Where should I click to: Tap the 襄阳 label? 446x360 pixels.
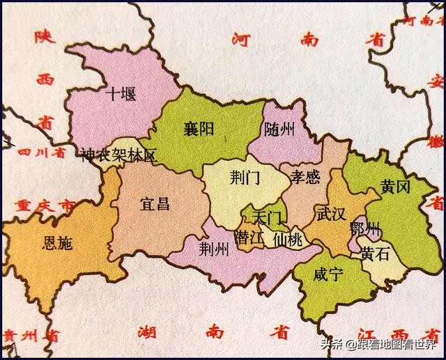(198, 130)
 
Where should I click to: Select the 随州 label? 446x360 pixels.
(280, 129)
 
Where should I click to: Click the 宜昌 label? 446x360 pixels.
(155, 203)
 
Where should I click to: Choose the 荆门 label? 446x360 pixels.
(244, 178)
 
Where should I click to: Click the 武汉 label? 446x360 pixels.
(330, 214)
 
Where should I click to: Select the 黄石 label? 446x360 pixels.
(375, 256)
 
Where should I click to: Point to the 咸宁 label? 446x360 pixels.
(328, 274)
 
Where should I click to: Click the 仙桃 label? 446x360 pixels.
(289, 239)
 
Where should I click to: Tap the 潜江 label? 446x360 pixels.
(249, 237)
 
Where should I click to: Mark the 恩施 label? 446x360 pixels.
(57, 243)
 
